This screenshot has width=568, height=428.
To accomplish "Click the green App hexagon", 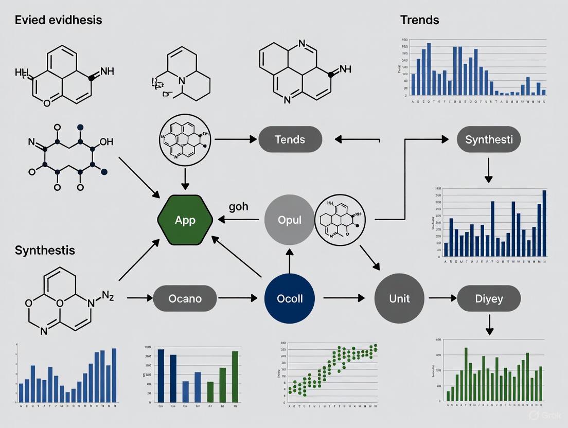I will [x=185, y=220].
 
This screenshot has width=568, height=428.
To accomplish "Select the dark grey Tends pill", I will [x=290, y=139].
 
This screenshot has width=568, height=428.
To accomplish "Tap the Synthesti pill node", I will [x=488, y=139].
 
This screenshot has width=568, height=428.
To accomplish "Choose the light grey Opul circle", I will [x=289, y=220].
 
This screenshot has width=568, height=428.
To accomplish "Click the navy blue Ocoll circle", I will [x=289, y=298].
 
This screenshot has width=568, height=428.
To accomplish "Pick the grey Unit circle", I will [x=399, y=298].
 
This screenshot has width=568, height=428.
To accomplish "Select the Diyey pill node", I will [x=488, y=298].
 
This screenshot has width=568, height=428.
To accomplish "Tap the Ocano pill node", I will [x=185, y=298].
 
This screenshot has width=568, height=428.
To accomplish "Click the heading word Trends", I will [x=419, y=20].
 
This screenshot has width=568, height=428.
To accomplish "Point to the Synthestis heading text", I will [x=45, y=251].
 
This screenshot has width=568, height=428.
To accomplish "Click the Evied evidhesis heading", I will [x=58, y=20].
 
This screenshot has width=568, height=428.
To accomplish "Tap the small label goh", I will [x=238, y=207].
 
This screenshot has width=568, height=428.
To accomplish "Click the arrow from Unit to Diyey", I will [x=443, y=298].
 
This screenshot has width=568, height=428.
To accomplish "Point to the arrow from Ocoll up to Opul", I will [x=289, y=259].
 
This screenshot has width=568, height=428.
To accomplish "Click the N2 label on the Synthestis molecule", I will [x=107, y=296].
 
